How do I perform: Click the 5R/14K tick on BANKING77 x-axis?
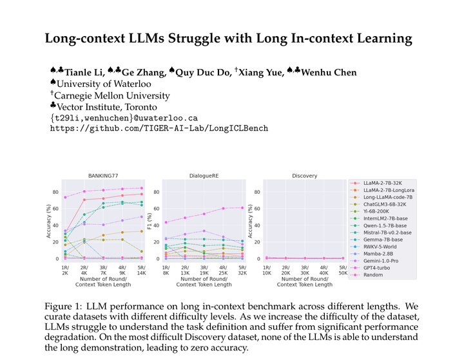pos(141,270)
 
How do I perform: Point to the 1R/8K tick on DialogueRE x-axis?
pos(166,270)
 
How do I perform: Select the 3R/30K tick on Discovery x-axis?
pos(304,270)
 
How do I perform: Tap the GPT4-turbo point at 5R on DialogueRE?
pos(242,207)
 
